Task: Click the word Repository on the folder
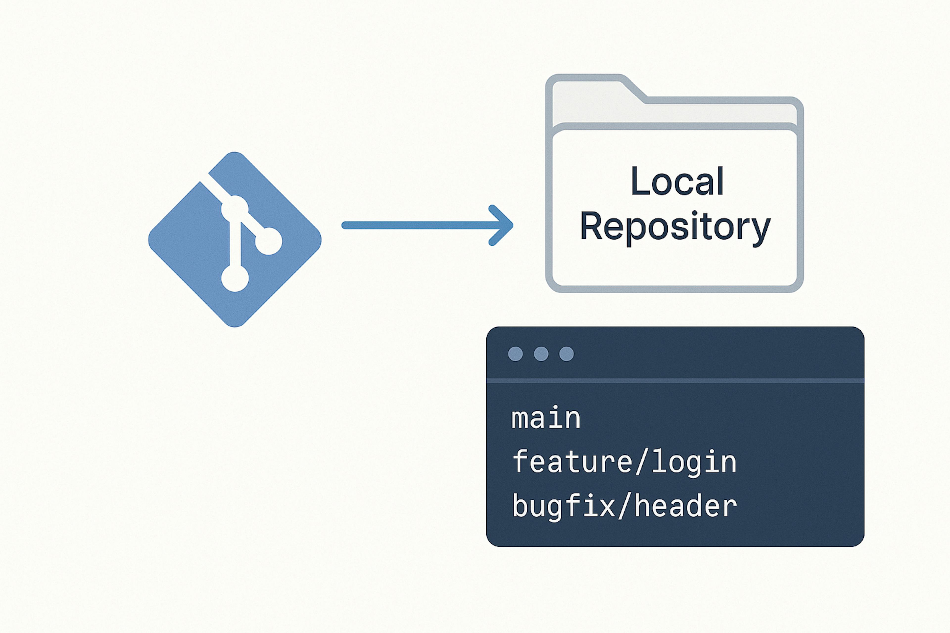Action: (675, 227)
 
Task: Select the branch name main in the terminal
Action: (546, 418)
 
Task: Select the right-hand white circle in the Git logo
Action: (269, 241)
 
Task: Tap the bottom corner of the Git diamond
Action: (235, 325)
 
